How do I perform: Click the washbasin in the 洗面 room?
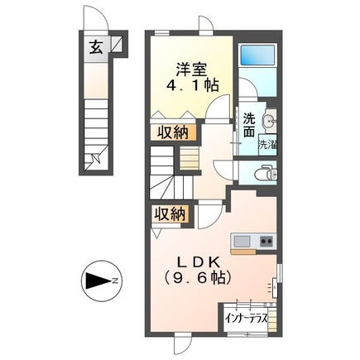tap(267, 122)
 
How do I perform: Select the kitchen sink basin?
tap(242, 241)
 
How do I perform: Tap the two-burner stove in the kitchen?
tap(266, 241)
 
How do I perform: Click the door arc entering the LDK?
tap(208, 214)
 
